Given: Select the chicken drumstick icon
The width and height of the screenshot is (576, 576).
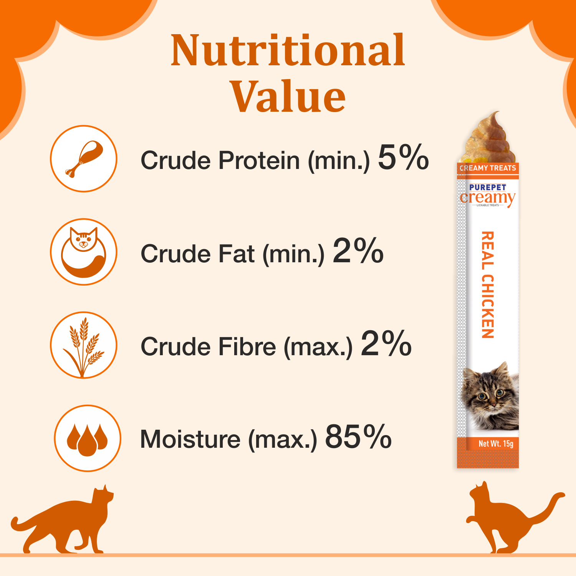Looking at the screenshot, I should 84,159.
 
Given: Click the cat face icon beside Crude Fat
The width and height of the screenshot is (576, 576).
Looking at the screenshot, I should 84,252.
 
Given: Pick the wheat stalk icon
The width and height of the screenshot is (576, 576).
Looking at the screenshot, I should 84,345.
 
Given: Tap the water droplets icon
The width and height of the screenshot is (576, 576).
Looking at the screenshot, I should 88,438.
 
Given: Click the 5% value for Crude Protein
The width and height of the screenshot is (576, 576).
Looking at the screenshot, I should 403,157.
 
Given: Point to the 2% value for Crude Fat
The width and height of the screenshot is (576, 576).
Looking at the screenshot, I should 358,251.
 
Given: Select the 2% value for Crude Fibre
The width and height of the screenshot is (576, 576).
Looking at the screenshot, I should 386,344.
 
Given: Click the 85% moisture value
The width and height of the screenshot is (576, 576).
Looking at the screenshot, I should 358,437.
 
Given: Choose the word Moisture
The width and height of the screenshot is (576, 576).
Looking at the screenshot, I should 190,439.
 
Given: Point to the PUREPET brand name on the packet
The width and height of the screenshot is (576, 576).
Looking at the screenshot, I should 488,187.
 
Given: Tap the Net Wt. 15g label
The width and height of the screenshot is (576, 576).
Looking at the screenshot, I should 496,444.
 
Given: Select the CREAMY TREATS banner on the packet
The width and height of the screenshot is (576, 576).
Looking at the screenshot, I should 488,168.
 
